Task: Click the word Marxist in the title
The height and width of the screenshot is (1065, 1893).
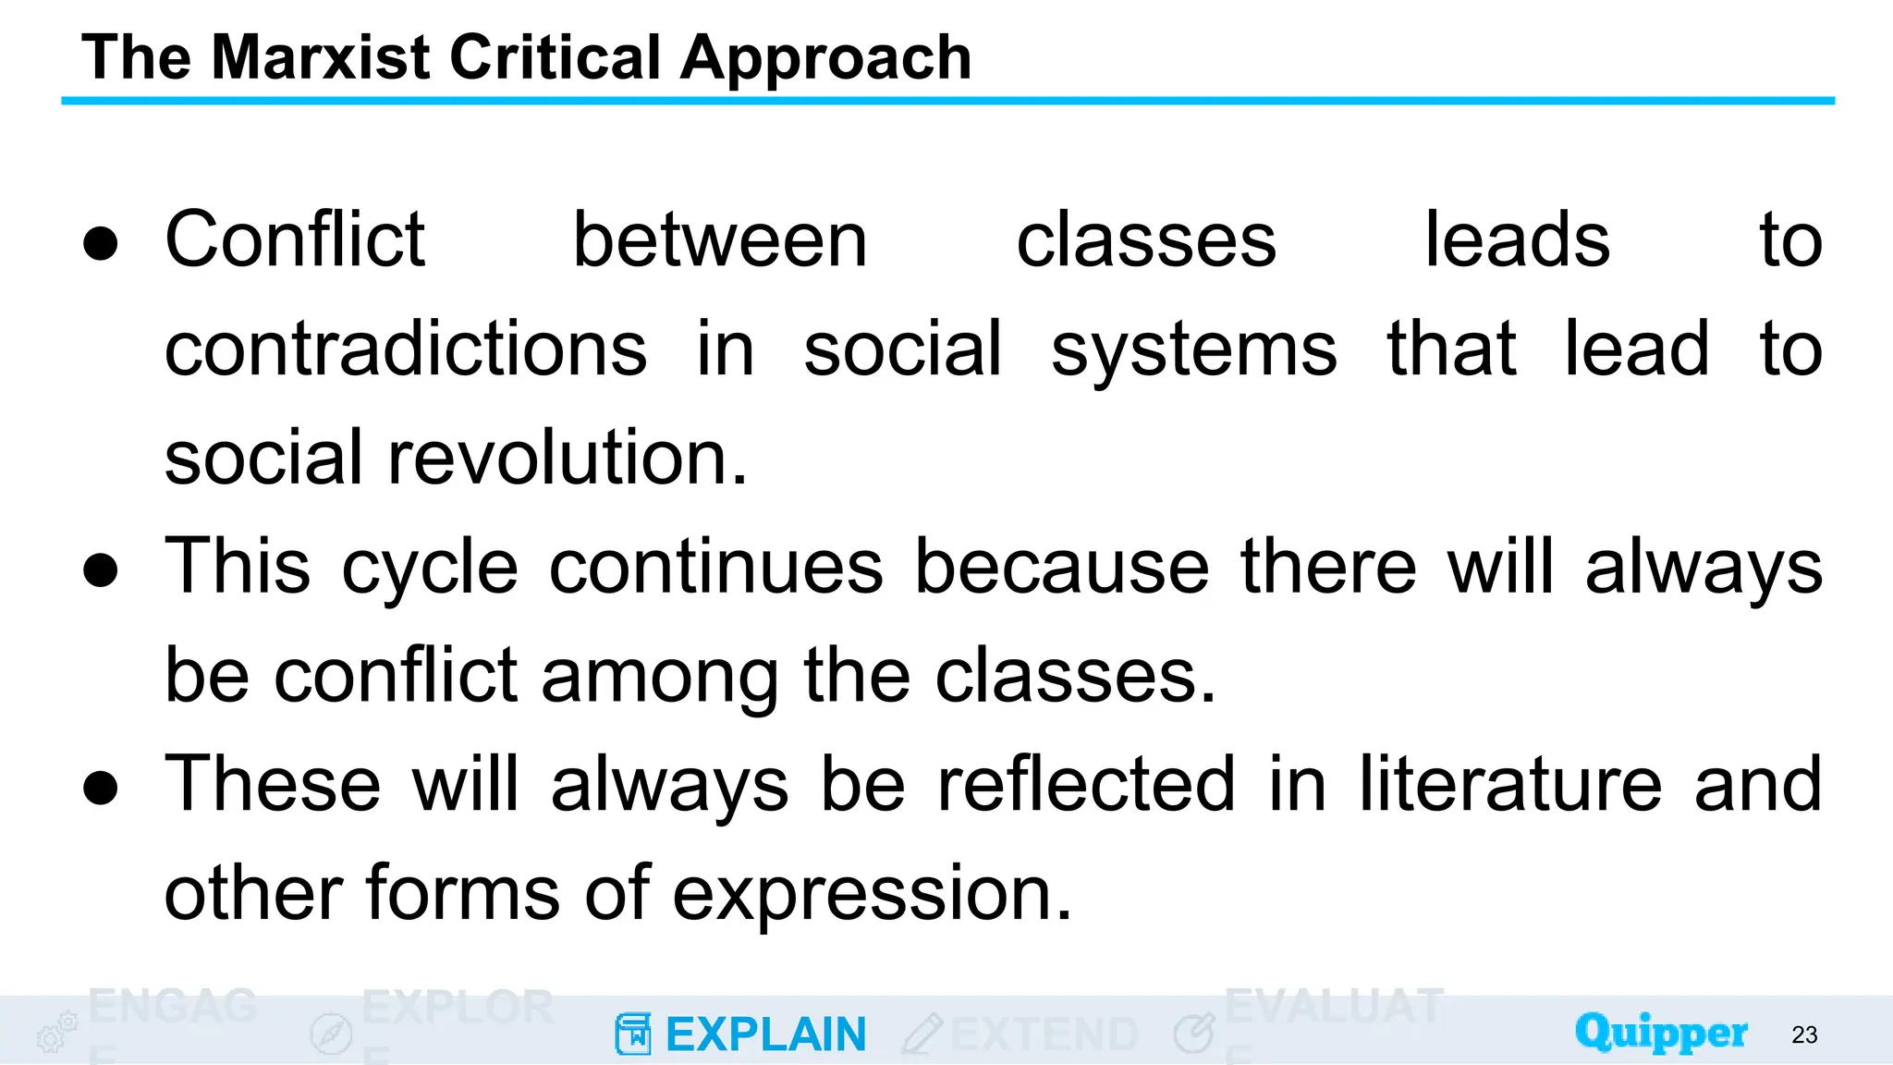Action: point(321,57)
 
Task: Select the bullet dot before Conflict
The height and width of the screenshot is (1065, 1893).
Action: point(101,243)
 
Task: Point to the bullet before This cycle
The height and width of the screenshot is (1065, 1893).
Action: point(101,569)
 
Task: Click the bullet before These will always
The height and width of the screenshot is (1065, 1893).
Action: point(101,787)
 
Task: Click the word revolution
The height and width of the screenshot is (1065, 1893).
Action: point(567,458)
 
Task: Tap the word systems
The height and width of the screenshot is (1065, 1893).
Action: point(1193,351)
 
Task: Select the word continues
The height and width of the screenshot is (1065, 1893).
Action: point(716,567)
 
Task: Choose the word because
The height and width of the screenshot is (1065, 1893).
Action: point(1062,567)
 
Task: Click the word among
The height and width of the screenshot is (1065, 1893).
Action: point(660,677)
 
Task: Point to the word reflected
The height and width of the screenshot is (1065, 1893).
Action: point(1086,784)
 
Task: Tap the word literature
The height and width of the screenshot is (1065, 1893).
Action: point(1510,784)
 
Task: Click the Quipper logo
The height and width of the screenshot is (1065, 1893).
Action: point(1661,1033)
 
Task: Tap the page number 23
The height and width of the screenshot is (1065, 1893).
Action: point(1804,1034)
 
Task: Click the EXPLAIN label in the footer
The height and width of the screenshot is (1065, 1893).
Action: point(765,1034)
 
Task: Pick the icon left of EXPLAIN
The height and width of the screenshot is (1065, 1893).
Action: point(633,1034)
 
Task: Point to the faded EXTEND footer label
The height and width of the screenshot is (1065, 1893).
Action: point(1044,1034)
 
